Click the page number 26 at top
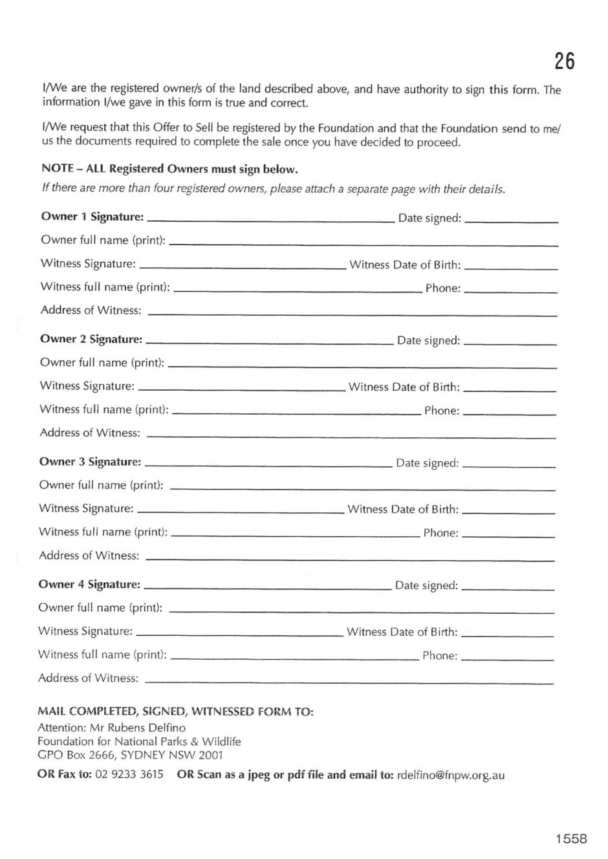click(x=564, y=61)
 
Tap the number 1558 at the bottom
click(x=570, y=839)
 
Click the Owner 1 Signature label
click(x=92, y=217)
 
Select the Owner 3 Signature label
click(x=90, y=462)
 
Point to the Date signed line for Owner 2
click(x=510, y=343)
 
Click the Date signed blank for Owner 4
click(x=508, y=589)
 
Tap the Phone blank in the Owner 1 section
click(x=510, y=292)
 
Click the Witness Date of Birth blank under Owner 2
click(x=510, y=391)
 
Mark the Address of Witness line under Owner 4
click(x=349, y=682)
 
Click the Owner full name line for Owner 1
click(x=363, y=245)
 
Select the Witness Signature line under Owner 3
click(x=241, y=512)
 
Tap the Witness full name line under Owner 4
click(x=294, y=658)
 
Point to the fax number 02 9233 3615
click(x=129, y=774)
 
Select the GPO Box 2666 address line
click(x=130, y=755)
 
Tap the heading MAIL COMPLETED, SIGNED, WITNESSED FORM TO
click(x=175, y=712)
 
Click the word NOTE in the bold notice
click(x=58, y=169)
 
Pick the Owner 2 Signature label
click(x=91, y=340)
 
